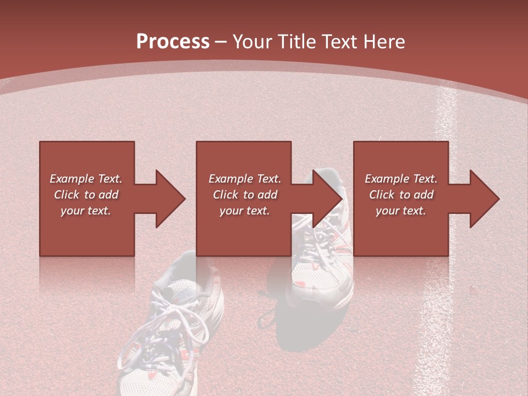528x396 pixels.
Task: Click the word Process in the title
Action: point(173,41)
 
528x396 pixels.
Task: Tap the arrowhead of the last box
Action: point(485,199)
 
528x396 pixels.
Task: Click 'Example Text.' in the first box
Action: point(86,179)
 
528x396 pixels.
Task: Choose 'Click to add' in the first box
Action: point(86,195)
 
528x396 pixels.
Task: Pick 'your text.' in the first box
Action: point(86,211)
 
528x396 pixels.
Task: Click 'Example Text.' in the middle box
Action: point(245,179)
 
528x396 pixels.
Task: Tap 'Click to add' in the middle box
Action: point(245,195)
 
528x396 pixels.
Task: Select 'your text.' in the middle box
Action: point(245,211)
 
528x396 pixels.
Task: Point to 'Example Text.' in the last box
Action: point(401,179)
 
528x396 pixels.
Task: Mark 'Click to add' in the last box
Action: point(401,195)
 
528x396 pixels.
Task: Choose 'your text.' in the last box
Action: point(401,211)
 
